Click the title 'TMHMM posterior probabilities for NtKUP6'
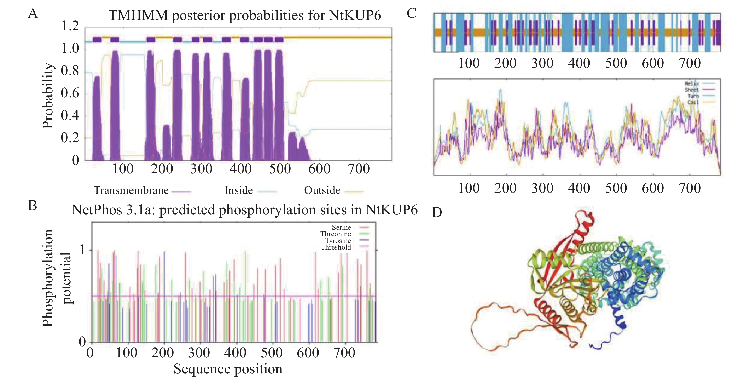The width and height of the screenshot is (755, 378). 245,15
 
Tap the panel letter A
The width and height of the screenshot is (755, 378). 33,13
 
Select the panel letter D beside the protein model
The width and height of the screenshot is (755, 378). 437,212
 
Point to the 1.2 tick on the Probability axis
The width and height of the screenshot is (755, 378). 70,26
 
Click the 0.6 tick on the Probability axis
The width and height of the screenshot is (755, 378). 70,93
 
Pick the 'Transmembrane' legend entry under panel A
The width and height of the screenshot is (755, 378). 131,190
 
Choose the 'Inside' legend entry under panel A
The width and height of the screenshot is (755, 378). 238,190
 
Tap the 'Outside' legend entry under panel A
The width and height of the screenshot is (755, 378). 322,190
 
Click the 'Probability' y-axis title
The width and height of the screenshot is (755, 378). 48,96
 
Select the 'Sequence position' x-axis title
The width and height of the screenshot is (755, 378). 228,369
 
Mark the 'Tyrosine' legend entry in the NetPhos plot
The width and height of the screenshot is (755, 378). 338,241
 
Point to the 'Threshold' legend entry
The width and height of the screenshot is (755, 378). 336,247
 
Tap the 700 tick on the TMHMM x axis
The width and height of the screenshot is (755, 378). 359,169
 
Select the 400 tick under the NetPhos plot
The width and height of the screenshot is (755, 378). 235,353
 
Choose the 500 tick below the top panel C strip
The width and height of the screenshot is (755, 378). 616,63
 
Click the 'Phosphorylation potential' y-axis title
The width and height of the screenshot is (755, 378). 56,278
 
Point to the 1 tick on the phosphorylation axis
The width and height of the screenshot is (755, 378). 82,250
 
